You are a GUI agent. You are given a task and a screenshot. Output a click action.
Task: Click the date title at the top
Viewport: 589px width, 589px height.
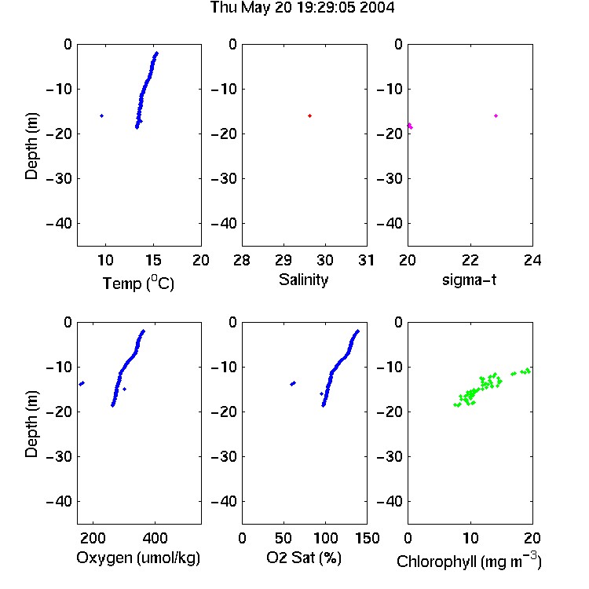pyautogui.click(x=302, y=8)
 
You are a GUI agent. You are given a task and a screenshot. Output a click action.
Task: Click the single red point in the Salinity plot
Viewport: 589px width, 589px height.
pyautogui.click(x=310, y=115)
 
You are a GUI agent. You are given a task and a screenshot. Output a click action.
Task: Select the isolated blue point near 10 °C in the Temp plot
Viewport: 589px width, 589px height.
pyautogui.click(x=102, y=115)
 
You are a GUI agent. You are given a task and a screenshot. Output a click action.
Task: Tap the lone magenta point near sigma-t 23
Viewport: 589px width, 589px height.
pyautogui.click(x=496, y=115)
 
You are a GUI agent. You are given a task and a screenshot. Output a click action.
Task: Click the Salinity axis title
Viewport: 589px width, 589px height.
pyautogui.click(x=303, y=280)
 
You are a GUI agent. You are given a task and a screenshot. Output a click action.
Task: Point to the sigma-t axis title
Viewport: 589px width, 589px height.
pyautogui.click(x=469, y=280)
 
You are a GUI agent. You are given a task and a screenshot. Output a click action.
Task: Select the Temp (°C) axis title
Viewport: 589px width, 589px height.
pyautogui.click(x=138, y=283)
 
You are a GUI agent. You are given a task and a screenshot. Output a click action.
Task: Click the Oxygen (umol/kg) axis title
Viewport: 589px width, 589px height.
pyautogui.click(x=138, y=558)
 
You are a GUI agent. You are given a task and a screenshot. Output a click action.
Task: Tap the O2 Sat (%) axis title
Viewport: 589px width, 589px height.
pyautogui.click(x=304, y=558)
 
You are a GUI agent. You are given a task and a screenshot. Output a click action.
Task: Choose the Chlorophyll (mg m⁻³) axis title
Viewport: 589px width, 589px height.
pyautogui.click(x=469, y=561)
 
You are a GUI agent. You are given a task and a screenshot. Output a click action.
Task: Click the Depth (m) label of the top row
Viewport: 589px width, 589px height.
pyautogui.click(x=32, y=146)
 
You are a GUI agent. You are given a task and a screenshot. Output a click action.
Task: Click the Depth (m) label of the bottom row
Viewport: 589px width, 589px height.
pyautogui.click(x=32, y=424)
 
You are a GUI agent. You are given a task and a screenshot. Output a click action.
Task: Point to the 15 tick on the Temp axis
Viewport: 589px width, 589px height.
pyautogui.click(x=153, y=260)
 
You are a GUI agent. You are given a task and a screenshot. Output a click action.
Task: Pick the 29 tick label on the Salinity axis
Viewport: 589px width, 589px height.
pyautogui.click(x=284, y=260)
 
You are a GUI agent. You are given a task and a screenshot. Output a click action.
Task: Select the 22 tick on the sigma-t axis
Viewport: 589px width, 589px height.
pyautogui.click(x=470, y=260)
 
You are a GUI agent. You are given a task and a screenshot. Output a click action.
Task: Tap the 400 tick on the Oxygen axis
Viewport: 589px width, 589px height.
pyautogui.click(x=155, y=538)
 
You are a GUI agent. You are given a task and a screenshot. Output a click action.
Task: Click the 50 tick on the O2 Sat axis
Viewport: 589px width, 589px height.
pyautogui.click(x=284, y=538)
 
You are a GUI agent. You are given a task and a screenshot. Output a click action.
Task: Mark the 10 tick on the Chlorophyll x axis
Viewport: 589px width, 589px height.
pyautogui.click(x=470, y=538)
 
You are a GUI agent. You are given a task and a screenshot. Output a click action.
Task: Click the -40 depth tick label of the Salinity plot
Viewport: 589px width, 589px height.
pyautogui.click(x=224, y=224)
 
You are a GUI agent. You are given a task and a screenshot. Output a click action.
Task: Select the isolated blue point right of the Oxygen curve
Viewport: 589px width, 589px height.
pyautogui.click(x=125, y=390)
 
